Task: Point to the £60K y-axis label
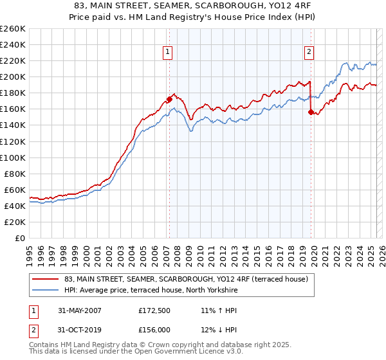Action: coord(14,190)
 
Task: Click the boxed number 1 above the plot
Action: coord(167,52)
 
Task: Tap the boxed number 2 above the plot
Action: coord(309,52)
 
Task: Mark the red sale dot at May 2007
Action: coord(170,99)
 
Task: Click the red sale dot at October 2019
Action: coord(311,112)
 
